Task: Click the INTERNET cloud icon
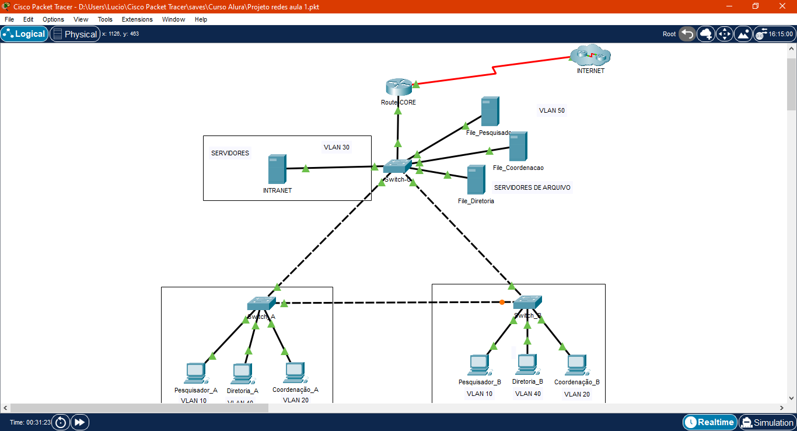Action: click(x=590, y=56)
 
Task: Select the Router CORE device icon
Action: click(x=398, y=87)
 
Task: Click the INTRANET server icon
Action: click(x=277, y=169)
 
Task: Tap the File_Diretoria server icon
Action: click(x=476, y=180)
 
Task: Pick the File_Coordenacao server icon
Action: click(x=518, y=147)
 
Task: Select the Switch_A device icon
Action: click(x=261, y=304)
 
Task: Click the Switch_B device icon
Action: click(x=527, y=302)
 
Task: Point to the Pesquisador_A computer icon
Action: click(x=195, y=373)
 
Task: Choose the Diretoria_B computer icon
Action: click(x=527, y=364)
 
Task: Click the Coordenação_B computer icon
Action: click(x=576, y=365)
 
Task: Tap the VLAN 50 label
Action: click(x=551, y=110)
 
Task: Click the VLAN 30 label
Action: click(x=337, y=147)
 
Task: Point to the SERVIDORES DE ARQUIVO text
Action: click(x=532, y=187)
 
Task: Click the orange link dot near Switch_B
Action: click(x=502, y=302)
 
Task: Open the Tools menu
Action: click(x=105, y=19)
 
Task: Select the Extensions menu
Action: click(x=137, y=19)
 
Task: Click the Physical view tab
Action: click(x=75, y=34)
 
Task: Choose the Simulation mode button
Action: click(x=767, y=422)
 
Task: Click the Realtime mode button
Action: click(x=709, y=422)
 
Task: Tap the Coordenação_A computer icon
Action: click(x=295, y=371)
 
